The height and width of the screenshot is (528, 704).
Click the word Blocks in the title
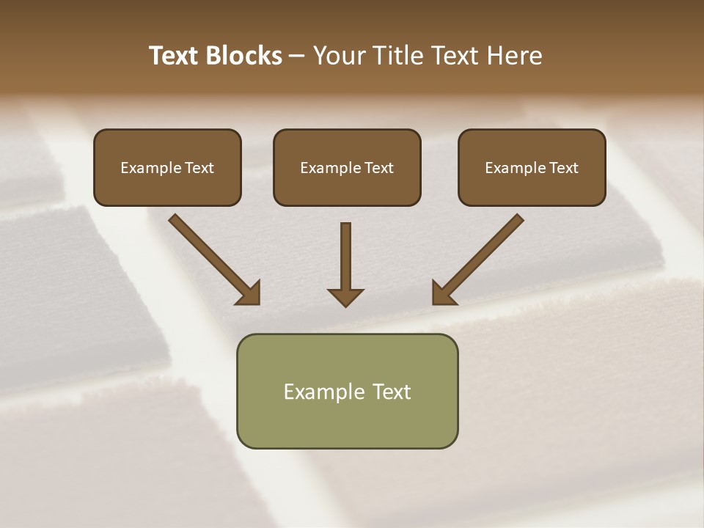246,56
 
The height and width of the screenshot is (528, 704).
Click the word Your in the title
338,56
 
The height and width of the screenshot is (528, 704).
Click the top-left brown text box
167,167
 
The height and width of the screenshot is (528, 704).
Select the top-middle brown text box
347,167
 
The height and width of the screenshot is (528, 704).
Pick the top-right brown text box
532,167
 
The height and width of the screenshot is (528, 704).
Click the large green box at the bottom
347,391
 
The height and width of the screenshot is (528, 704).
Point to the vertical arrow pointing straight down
345,257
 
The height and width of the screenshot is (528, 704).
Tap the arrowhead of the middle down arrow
345,297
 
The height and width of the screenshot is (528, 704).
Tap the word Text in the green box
391,392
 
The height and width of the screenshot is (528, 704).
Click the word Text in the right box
563,168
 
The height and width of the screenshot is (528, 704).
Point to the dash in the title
297,56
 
